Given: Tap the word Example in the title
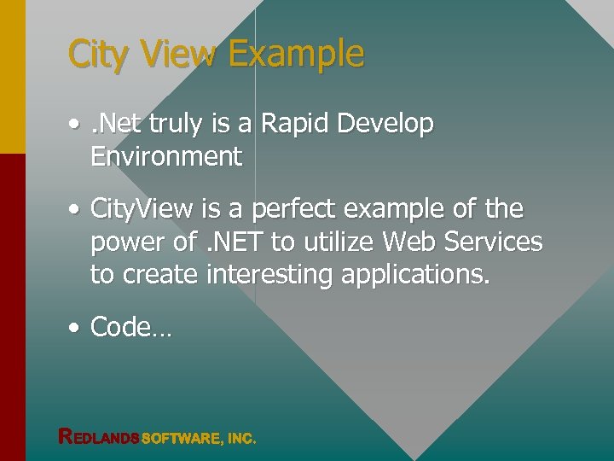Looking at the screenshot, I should tap(296, 54).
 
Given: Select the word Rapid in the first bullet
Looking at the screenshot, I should tap(295, 124).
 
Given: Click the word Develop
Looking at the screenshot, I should tap(385, 125).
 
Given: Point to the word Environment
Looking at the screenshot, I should tap(166, 156).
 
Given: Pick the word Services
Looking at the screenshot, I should tap(496, 242).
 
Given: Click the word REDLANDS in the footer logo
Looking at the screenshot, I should tap(98, 438).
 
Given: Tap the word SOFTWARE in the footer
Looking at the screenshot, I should tap(179, 439).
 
